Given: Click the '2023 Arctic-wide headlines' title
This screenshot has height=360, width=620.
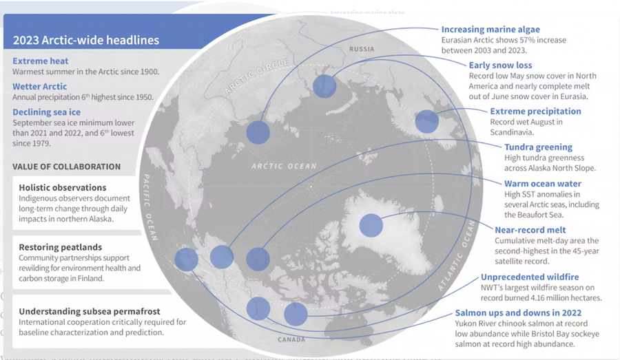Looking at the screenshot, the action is pos(86,40).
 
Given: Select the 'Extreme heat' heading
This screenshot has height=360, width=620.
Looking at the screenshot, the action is pos(41,61).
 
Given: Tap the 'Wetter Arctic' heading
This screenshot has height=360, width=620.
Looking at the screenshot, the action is pos(39,86).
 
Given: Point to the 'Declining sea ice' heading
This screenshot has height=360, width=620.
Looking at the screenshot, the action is pos(46,112).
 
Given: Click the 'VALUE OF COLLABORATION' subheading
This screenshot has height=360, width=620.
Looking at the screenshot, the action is pos(66,167).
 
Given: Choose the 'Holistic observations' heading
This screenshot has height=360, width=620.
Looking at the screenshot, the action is pos(63,187).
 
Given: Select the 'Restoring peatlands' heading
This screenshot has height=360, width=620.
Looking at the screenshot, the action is pos(60,247).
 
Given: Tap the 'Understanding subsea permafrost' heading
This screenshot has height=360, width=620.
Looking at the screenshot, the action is pos(90,311).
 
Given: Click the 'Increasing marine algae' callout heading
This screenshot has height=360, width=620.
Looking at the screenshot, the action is pos(490,29).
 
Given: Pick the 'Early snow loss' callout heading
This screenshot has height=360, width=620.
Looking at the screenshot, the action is pos(500,65).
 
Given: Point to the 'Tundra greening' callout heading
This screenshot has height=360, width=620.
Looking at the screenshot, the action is pos(538,147).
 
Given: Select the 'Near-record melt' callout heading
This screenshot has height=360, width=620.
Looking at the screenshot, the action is pos(530,230).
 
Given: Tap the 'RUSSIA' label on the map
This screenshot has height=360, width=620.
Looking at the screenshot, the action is pos(362,49).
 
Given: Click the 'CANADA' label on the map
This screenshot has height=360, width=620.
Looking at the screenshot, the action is pos(291,339).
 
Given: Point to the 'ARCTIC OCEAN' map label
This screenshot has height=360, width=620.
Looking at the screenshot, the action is pos(284,167).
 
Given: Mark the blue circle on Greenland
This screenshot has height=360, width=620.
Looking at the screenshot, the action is pos(371,225).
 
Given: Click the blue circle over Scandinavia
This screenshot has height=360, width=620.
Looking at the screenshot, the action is pos(426,121).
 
